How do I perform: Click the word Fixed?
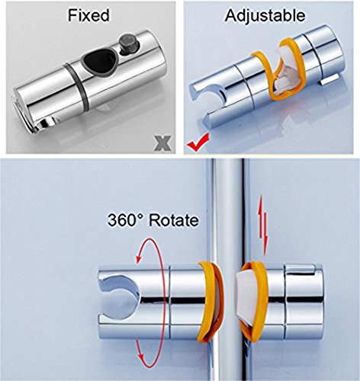click(x=88, y=15)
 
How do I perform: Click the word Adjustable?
click(x=265, y=16)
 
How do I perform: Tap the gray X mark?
click(x=162, y=144)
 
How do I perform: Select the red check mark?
click(x=198, y=142)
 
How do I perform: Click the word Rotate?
click(x=173, y=220)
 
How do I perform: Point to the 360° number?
click(x=125, y=219)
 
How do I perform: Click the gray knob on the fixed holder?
click(x=129, y=45)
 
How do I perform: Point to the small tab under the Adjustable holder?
click(x=330, y=80)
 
